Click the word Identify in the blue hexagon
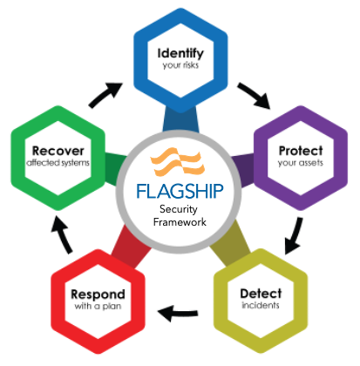(180, 54)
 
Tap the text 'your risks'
(180, 65)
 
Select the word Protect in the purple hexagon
(301, 151)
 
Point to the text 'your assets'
(301, 163)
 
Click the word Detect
(261, 294)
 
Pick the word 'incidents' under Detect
(261, 305)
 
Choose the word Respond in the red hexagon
(98, 295)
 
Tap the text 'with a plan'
(98, 306)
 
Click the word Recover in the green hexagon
(58, 151)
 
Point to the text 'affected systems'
(58, 163)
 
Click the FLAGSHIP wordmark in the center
(180, 191)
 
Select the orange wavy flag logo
(178, 161)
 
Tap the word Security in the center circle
(179, 209)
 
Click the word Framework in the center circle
(180, 222)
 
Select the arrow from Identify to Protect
(254, 94)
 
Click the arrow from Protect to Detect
(295, 234)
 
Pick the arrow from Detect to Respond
(178, 314)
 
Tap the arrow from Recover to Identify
(105, 94)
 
